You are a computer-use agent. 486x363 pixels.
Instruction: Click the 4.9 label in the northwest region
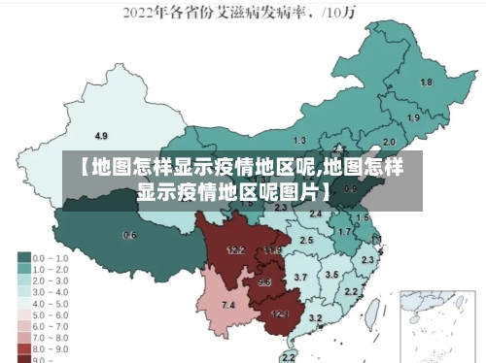(x=100, y=135)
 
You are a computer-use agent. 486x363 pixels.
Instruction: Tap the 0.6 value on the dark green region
(x=129, y=235)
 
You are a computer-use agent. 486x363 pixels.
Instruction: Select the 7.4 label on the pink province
(x=228, y=306)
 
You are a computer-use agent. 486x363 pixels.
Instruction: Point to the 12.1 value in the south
(x=280, y=313)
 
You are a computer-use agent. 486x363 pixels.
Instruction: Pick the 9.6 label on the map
(x=264, y=282)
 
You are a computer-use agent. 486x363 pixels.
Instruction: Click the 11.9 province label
(x=271, y=250)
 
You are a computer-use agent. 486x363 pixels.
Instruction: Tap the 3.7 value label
(x=300, y=278)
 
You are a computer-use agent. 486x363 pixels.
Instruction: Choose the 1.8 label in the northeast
(x=426, y=82)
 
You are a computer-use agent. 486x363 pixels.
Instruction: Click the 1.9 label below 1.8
(x=413, y=117)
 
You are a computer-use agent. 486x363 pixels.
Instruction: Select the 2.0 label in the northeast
(x=389, y=142)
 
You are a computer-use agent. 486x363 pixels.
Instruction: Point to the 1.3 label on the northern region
(x=299, y=141)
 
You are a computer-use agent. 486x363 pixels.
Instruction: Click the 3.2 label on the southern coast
(x=315, y=317)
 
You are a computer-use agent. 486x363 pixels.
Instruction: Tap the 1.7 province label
(x=344, y=232)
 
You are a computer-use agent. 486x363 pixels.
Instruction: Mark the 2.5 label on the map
(x=306, y=240)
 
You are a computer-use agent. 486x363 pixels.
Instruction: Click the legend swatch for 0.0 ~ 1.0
(x=24, y=258)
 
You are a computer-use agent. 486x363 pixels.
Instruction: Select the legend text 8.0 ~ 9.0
(x=52, y=347)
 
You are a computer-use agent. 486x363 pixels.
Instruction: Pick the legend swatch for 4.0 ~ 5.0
(x=24, y=303)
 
